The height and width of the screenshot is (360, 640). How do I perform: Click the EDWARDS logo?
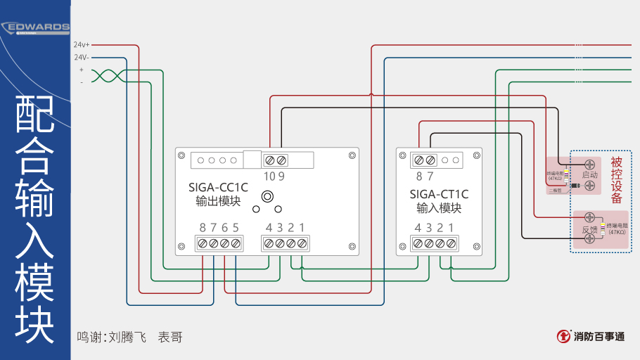pyautogui.click(x=37, y=27)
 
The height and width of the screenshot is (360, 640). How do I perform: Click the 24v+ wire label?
pyautogui.click(x=82, y=44)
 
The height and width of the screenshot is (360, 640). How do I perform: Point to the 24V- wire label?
pyautogui.click(x=82, y=57)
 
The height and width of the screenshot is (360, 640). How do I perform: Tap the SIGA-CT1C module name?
pyautogui.click(x=439, y=194)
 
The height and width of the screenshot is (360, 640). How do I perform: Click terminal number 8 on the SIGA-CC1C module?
pyautogui.click(x=203, y=227)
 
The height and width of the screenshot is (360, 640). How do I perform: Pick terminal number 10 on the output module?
pyautogui.click(x=269, y=176)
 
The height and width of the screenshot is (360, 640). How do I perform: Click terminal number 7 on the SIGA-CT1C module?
pyautogui.click(x=430, y=176)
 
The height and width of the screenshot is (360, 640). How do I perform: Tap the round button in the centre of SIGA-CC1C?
pyautogui.click(x=267, y=196)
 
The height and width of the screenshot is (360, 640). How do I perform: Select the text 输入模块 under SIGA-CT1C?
pyautogui.click(x=439, y=208)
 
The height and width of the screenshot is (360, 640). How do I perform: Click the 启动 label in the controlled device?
pyautogui.click(x=589, y=174)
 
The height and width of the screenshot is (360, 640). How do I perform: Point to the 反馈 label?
pyautogui.click(x=589, y=229)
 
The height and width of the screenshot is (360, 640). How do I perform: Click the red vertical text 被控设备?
pyautogui.click(x=617, y=180)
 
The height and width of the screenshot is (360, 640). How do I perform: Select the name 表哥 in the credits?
pyautogui.click(x=170, y=337)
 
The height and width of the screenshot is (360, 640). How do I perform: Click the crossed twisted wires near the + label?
pyautogui.click(x=108, y=75)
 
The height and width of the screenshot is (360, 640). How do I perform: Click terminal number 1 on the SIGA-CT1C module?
pyautogui.click(x=451, y=227)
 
